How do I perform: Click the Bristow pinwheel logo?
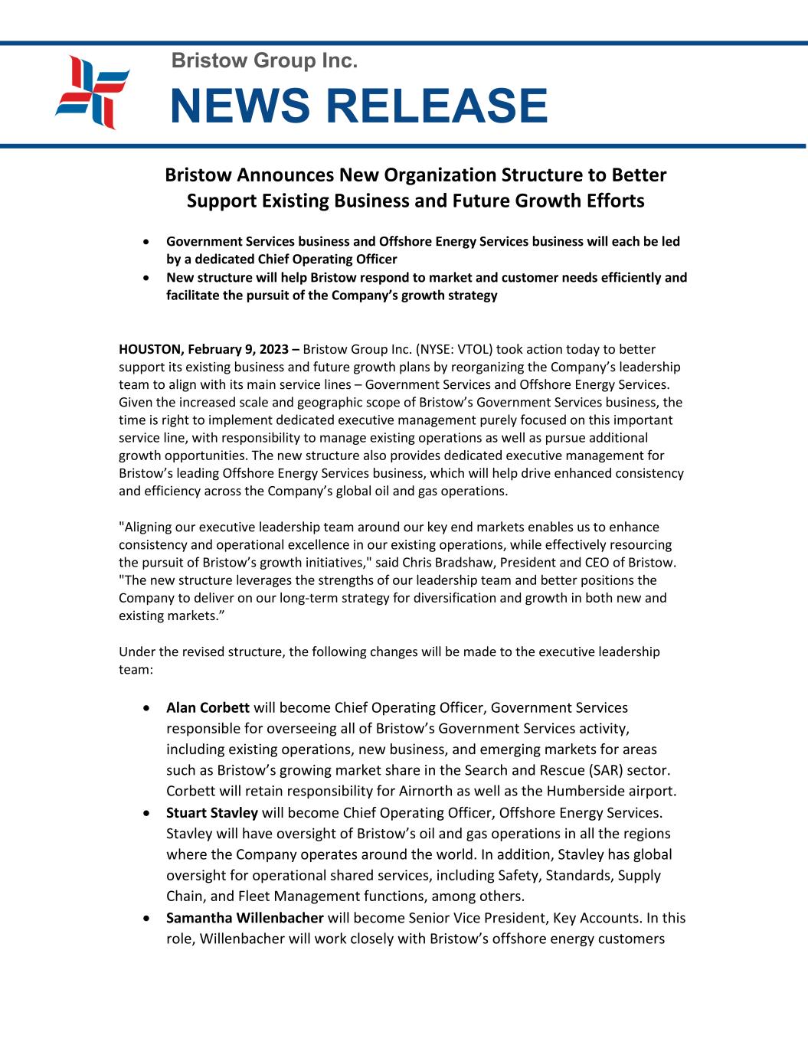92,93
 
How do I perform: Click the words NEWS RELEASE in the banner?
358,106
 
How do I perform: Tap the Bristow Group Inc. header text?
264,60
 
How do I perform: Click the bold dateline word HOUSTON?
149,350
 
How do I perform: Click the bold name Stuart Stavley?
212,812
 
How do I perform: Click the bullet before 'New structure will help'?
146,278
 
